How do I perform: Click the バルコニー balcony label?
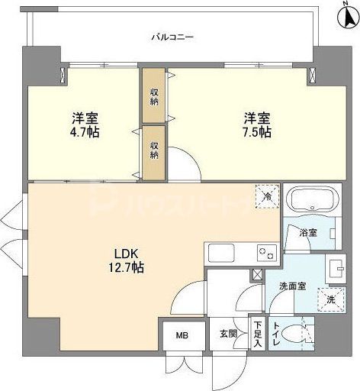172,36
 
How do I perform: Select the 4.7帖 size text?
85,131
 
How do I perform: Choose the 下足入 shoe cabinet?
259,334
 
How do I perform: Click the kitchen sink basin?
220,252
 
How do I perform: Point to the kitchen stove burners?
266,251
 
